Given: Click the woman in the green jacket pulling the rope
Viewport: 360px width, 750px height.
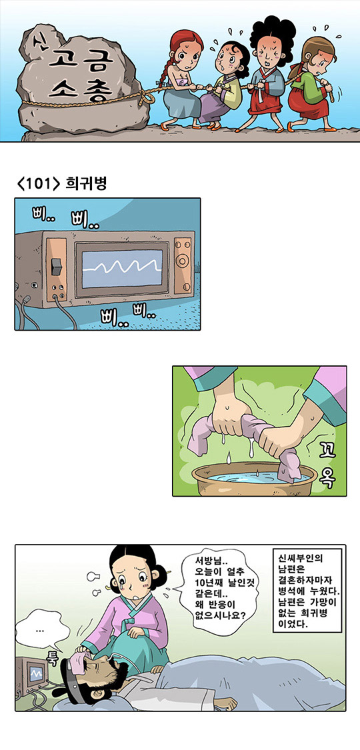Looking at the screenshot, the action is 313,82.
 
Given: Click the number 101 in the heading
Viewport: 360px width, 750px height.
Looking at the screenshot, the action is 37,184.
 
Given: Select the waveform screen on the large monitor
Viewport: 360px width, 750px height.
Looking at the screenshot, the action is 122,269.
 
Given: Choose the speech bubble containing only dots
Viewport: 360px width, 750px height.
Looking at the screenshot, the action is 41,631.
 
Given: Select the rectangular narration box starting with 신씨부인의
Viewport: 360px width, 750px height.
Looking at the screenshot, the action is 309,591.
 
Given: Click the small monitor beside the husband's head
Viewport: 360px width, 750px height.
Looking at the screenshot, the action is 29,675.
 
